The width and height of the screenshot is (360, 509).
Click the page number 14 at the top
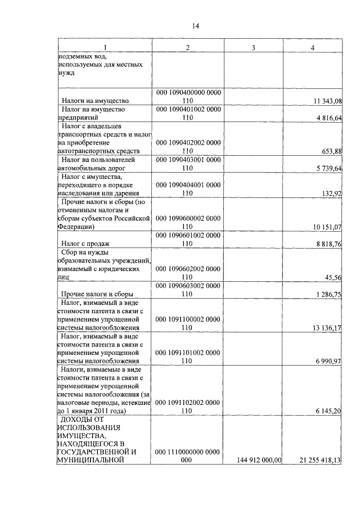(196, 26)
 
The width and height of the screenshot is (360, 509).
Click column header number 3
(253, 48)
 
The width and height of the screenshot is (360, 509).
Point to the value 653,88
(331, 151)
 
